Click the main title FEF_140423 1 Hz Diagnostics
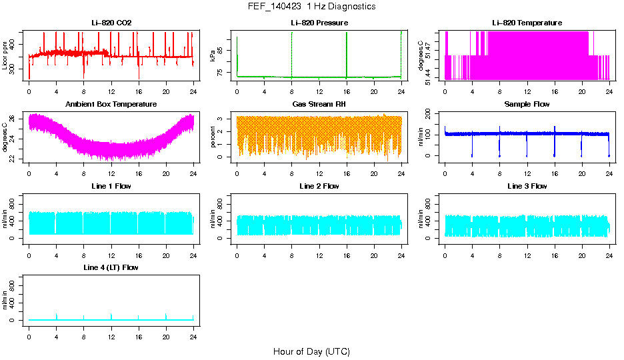coord(311,7)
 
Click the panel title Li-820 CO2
coord(111,23)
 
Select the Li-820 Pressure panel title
coord(319,23)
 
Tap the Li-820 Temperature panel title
coord(527,23)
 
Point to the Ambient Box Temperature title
coord(111,105)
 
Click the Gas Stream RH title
coord(319,105)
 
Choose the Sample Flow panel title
coord(527,105)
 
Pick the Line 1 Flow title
coord(111,186)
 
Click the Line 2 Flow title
coord(319,186)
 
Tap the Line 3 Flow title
coord(527,186)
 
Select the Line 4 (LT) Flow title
coord(111,267)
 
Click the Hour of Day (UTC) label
coord(311,351)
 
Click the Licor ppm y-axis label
coord(5,55)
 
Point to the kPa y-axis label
coord(213,55)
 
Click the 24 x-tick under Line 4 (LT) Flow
coord(193,335)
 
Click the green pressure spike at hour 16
coord(347,53)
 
